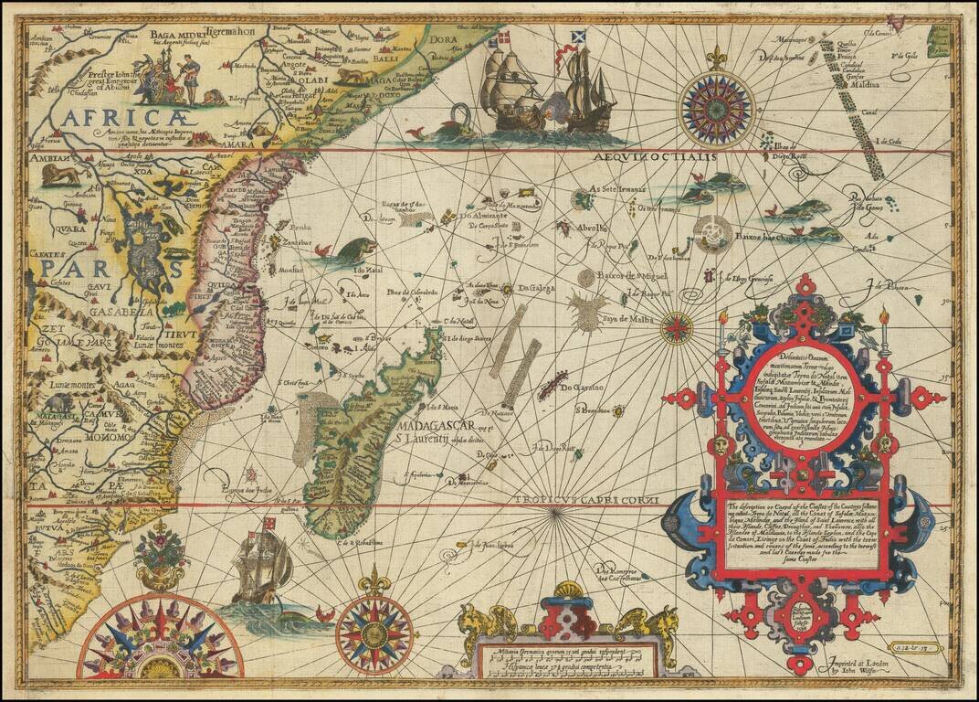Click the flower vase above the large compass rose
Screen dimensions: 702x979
161,558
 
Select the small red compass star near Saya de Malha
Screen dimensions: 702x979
677,327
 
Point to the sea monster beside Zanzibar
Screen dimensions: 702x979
354,250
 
